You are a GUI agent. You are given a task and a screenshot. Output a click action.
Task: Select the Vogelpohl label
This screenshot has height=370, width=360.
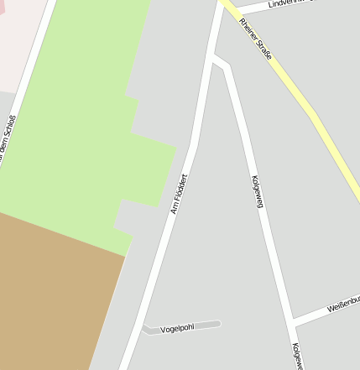coord(177,327)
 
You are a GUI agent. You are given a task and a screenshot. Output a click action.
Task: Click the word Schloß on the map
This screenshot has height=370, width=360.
coord(8,131)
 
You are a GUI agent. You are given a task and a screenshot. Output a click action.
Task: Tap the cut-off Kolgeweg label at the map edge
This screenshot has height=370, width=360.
coord(296,356)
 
